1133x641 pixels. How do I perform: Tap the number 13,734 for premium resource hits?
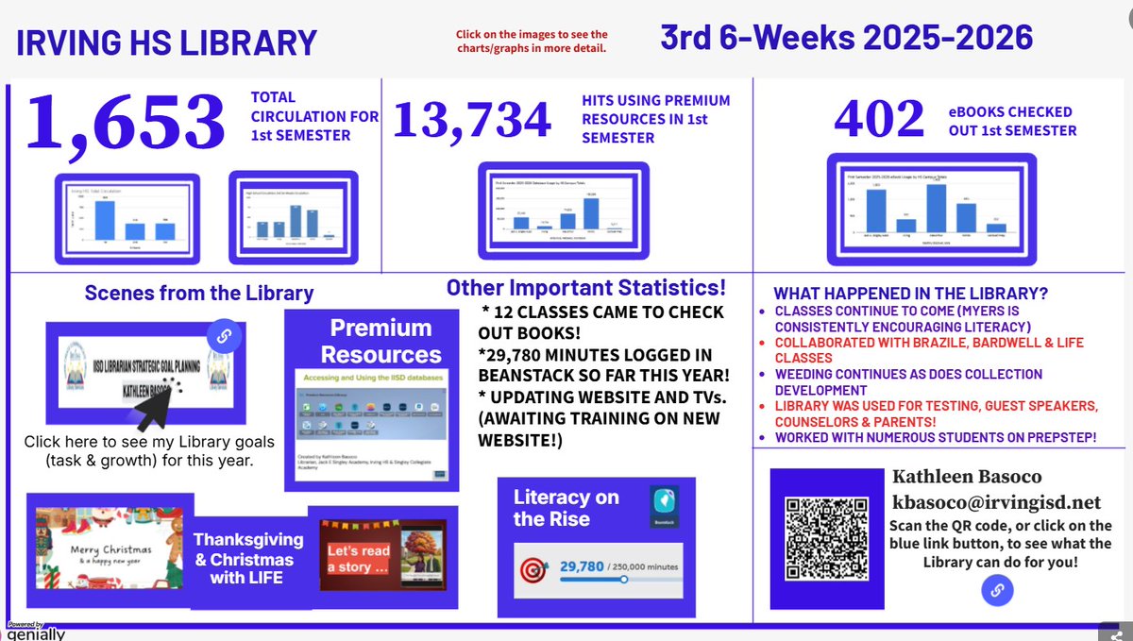click(471, 119)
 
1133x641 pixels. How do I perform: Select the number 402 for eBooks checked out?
click(879, 118)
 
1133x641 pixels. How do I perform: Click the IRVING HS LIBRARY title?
click(166, 43)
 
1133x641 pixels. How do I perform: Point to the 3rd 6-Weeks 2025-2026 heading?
click(846, 37)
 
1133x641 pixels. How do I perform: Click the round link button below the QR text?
click(998, 592)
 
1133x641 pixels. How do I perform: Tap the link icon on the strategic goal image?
click(224, 336)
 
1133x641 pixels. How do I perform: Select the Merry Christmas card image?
click(105, 545)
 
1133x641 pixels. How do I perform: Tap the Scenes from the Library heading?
click(199, 294)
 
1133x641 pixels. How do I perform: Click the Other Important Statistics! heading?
click(586, 287)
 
